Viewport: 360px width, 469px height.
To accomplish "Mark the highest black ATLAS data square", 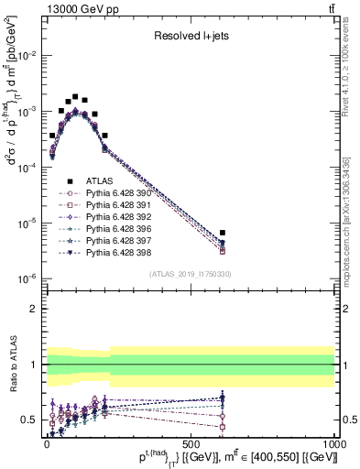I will tap(75, 96).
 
